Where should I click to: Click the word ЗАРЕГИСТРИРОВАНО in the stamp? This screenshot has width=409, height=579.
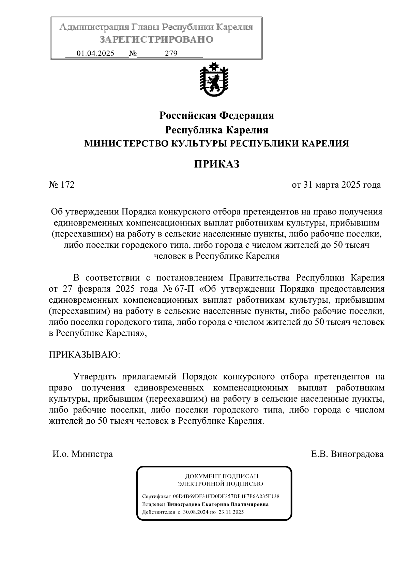156,40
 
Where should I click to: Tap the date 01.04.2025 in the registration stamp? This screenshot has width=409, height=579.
95,54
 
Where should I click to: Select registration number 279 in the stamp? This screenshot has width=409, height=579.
171,54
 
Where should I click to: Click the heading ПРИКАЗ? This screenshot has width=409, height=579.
217,164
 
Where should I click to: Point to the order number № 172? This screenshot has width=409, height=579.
62,185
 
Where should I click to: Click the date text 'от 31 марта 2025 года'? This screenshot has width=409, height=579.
336,185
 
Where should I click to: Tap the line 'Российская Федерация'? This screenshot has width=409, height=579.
217,116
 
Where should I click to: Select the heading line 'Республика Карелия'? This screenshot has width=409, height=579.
217,130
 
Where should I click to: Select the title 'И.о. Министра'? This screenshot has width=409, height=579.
82,454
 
